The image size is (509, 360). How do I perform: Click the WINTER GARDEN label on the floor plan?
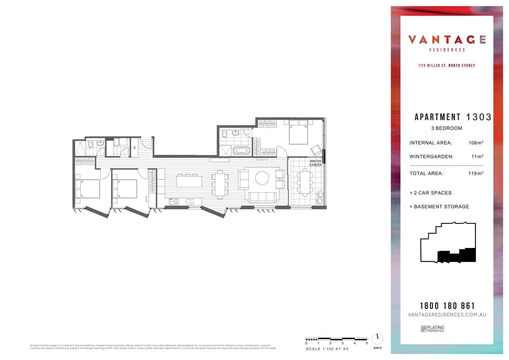tap(315, 163)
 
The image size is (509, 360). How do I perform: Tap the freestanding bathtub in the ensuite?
tap(241, 151)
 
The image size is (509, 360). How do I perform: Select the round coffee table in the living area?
tap(262, 178)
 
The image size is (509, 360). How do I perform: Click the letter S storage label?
tap(135, 147)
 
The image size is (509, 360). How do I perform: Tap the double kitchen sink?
tap(190, 202)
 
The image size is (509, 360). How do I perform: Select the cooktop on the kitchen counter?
tap(174, 202)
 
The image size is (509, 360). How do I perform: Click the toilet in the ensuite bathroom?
tap(225, 134)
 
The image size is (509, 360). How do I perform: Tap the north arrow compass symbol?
tap(377, 339)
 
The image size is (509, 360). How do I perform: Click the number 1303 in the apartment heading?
tap(478, 117)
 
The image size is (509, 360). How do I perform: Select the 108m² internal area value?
tap(476, 143)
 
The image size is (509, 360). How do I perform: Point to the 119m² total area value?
tap(476, 173)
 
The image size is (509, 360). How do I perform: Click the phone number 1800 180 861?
tap(447, 306)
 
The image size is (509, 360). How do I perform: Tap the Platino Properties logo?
tap(432, 329)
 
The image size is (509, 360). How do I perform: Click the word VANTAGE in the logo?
tap(447, 40)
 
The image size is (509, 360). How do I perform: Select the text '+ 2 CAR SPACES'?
tap(430, 193)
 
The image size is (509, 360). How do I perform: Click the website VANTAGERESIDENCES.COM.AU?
tap(447, 315)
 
